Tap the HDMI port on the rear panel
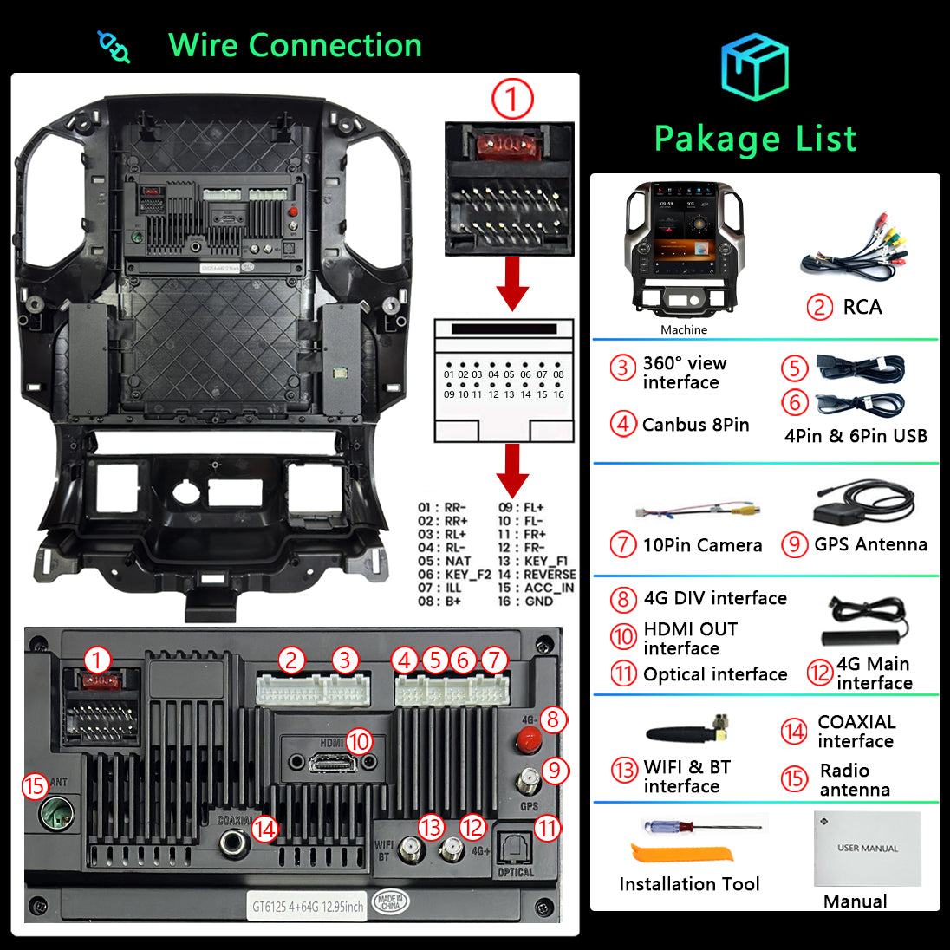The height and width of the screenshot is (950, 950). pos(333,763)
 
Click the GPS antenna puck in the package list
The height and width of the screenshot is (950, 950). pos(863,504)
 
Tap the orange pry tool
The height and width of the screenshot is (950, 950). pos(680,853)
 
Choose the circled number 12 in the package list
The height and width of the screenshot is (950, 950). pos(820,673)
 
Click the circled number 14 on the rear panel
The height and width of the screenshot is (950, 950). pos(264,830)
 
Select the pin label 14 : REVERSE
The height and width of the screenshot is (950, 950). pos(537,574)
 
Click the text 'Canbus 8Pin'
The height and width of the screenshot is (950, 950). pos(695,425)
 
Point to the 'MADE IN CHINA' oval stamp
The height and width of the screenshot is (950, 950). pos(390,903)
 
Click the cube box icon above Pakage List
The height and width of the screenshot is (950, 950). pos(754,68)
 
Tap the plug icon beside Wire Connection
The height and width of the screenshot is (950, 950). pos(114,47)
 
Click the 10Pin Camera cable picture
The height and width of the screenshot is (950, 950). pos(698,511)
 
